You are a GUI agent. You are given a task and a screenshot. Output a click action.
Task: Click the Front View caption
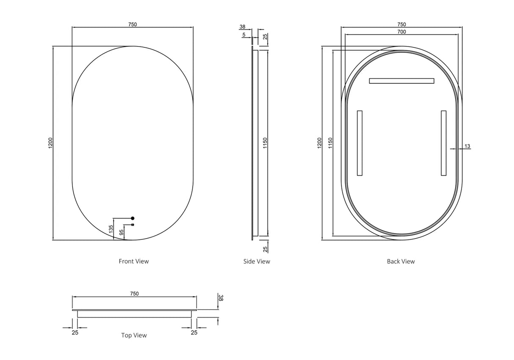[134, 261]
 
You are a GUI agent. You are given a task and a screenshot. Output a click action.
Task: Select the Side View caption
[257, 261]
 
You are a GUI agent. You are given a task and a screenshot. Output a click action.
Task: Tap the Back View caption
[401, 261]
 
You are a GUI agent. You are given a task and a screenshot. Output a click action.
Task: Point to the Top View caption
[134, 335]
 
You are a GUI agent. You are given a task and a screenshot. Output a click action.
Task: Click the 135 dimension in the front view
[111, 229]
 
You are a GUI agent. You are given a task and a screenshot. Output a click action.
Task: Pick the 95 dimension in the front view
[122, 232]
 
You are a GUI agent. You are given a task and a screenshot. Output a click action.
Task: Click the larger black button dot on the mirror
[133, 218]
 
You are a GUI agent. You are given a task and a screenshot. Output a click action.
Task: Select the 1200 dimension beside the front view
[50, 143]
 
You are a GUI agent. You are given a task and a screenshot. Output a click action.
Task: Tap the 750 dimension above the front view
[133, 25]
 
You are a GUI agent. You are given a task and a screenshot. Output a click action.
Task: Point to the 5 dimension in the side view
[244, 35]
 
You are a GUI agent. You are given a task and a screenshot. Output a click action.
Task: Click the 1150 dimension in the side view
[265, 143]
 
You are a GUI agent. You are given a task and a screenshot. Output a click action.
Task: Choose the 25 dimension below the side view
[265, 248]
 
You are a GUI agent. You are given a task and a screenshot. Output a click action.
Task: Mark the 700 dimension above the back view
[401, 32]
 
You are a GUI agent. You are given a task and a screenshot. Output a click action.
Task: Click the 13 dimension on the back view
[467, 146]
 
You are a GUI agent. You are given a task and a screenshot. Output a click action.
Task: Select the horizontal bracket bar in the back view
[401, 81]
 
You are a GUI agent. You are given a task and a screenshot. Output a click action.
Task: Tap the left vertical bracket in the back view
[359, 143]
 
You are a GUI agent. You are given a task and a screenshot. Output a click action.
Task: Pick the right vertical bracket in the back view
[443, 143]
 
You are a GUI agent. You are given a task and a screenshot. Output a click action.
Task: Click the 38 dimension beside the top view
[221, 298]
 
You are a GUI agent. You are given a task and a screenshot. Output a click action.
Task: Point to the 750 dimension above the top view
[134, 294]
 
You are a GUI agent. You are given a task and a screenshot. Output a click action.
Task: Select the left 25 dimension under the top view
[75, 333]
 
